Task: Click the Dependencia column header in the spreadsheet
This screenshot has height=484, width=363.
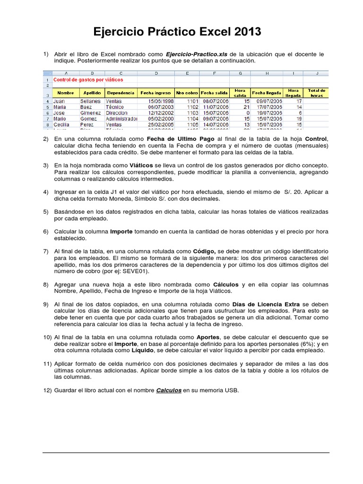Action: (x=121, y=93)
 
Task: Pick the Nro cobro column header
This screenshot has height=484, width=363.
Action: (x=187, y=93)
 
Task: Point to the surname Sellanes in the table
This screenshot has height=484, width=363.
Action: (x=90, y=101)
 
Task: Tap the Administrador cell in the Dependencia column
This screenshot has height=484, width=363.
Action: (x=121, y=119)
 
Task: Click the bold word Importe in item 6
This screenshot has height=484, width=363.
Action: (x=121, y=232)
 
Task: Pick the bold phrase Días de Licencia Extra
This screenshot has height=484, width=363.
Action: (x=267, y=304)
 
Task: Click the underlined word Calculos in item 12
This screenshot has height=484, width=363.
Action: (x=169, y=390)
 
